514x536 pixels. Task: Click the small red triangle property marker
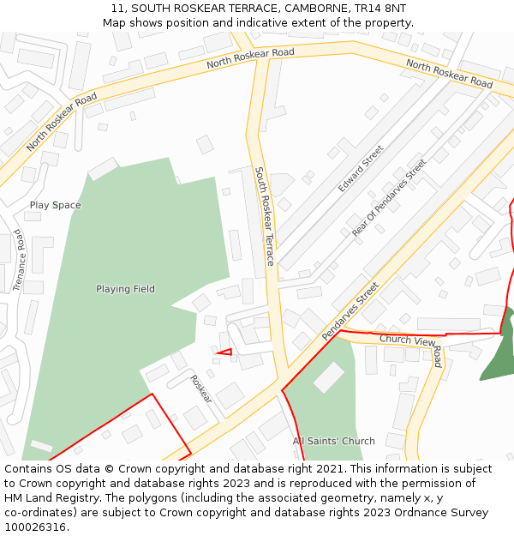225,352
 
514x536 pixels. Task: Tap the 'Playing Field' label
125,289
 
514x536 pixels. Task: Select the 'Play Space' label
56,205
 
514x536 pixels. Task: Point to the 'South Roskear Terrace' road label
264,216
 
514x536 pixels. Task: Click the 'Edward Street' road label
361,168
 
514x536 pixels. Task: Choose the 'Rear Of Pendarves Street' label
389,197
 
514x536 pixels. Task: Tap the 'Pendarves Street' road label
350,311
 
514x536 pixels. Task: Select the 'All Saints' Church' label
334,441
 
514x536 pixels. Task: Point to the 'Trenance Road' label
19,261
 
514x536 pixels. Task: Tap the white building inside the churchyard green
329,377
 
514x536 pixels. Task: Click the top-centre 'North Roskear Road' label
250,58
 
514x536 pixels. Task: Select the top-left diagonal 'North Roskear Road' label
62,123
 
